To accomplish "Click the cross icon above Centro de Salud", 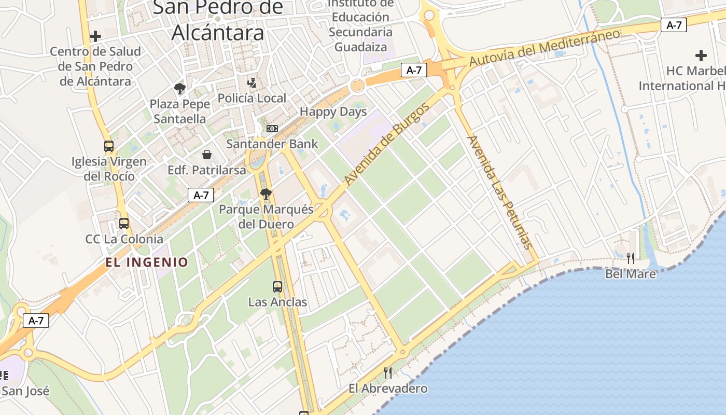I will click(95, 36).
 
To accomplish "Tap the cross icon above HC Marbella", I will click(701, 56).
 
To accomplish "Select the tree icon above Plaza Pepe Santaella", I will click(180, 89).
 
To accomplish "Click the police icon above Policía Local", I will click(252, 82).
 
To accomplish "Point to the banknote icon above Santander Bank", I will click(272, 129).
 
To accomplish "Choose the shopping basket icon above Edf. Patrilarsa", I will click(207, 155).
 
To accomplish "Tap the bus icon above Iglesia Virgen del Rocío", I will click(109, 146).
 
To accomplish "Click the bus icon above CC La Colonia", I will click(124, 224).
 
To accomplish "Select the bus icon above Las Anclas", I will click(277, 286).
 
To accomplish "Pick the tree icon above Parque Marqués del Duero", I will click(266, 195).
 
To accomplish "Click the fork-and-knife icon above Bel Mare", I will click(631, 258).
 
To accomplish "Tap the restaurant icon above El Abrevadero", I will click(387, 372).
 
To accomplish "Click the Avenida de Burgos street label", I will click(387, 145).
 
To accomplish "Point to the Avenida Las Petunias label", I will click(500, 192).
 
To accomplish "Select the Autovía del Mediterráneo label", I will click(544, 47).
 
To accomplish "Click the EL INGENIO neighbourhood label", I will click(147, 262).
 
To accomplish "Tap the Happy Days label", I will click(333, 112).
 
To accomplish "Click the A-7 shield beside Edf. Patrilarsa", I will click(201, 195).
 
